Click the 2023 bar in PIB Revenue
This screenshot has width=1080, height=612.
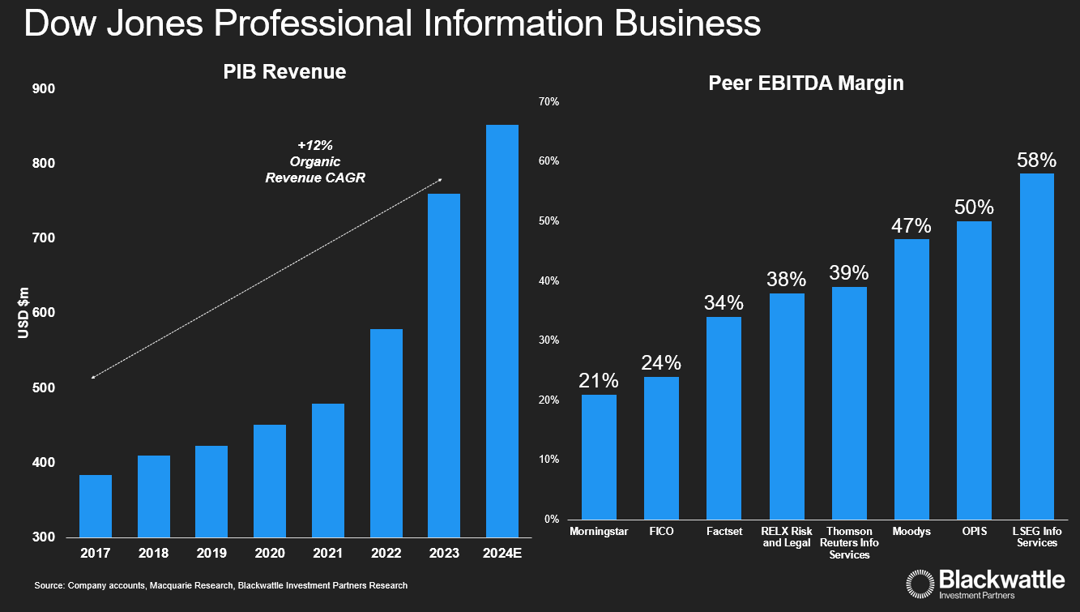pos(443,365)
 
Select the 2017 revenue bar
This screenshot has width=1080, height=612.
pos(96,506)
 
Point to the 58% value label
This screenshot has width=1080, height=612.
pos(1037,160)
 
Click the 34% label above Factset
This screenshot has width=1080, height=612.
pos(724,303)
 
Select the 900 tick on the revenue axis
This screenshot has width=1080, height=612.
pos(44,88)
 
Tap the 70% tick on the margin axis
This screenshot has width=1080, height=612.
pos(549,101)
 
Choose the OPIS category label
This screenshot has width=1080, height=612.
pos(974,532)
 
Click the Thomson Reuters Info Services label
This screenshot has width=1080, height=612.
pos(849,543)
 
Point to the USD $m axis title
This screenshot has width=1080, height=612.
pos(23,313)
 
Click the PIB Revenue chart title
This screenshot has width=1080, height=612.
pos(284,72)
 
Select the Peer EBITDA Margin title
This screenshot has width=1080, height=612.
pos(805,83)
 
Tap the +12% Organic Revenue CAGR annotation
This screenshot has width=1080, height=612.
pos(315,162)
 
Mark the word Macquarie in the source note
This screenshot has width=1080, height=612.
pos(169,585)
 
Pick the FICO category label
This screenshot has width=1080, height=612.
pos(661,532)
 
